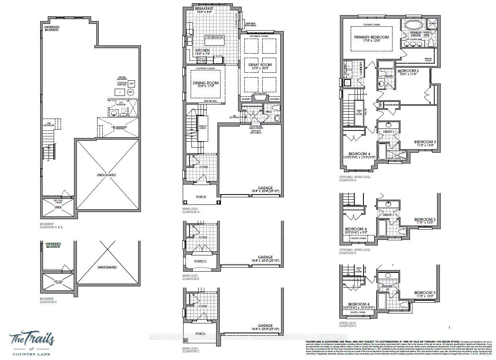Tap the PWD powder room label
point(269,112)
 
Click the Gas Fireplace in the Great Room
point(260,97)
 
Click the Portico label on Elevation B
point(200,261)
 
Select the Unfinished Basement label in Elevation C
point(53,245)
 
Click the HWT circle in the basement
point(130,92)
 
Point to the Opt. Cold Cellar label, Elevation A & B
point(58,201)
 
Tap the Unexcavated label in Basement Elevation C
point(107,267)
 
